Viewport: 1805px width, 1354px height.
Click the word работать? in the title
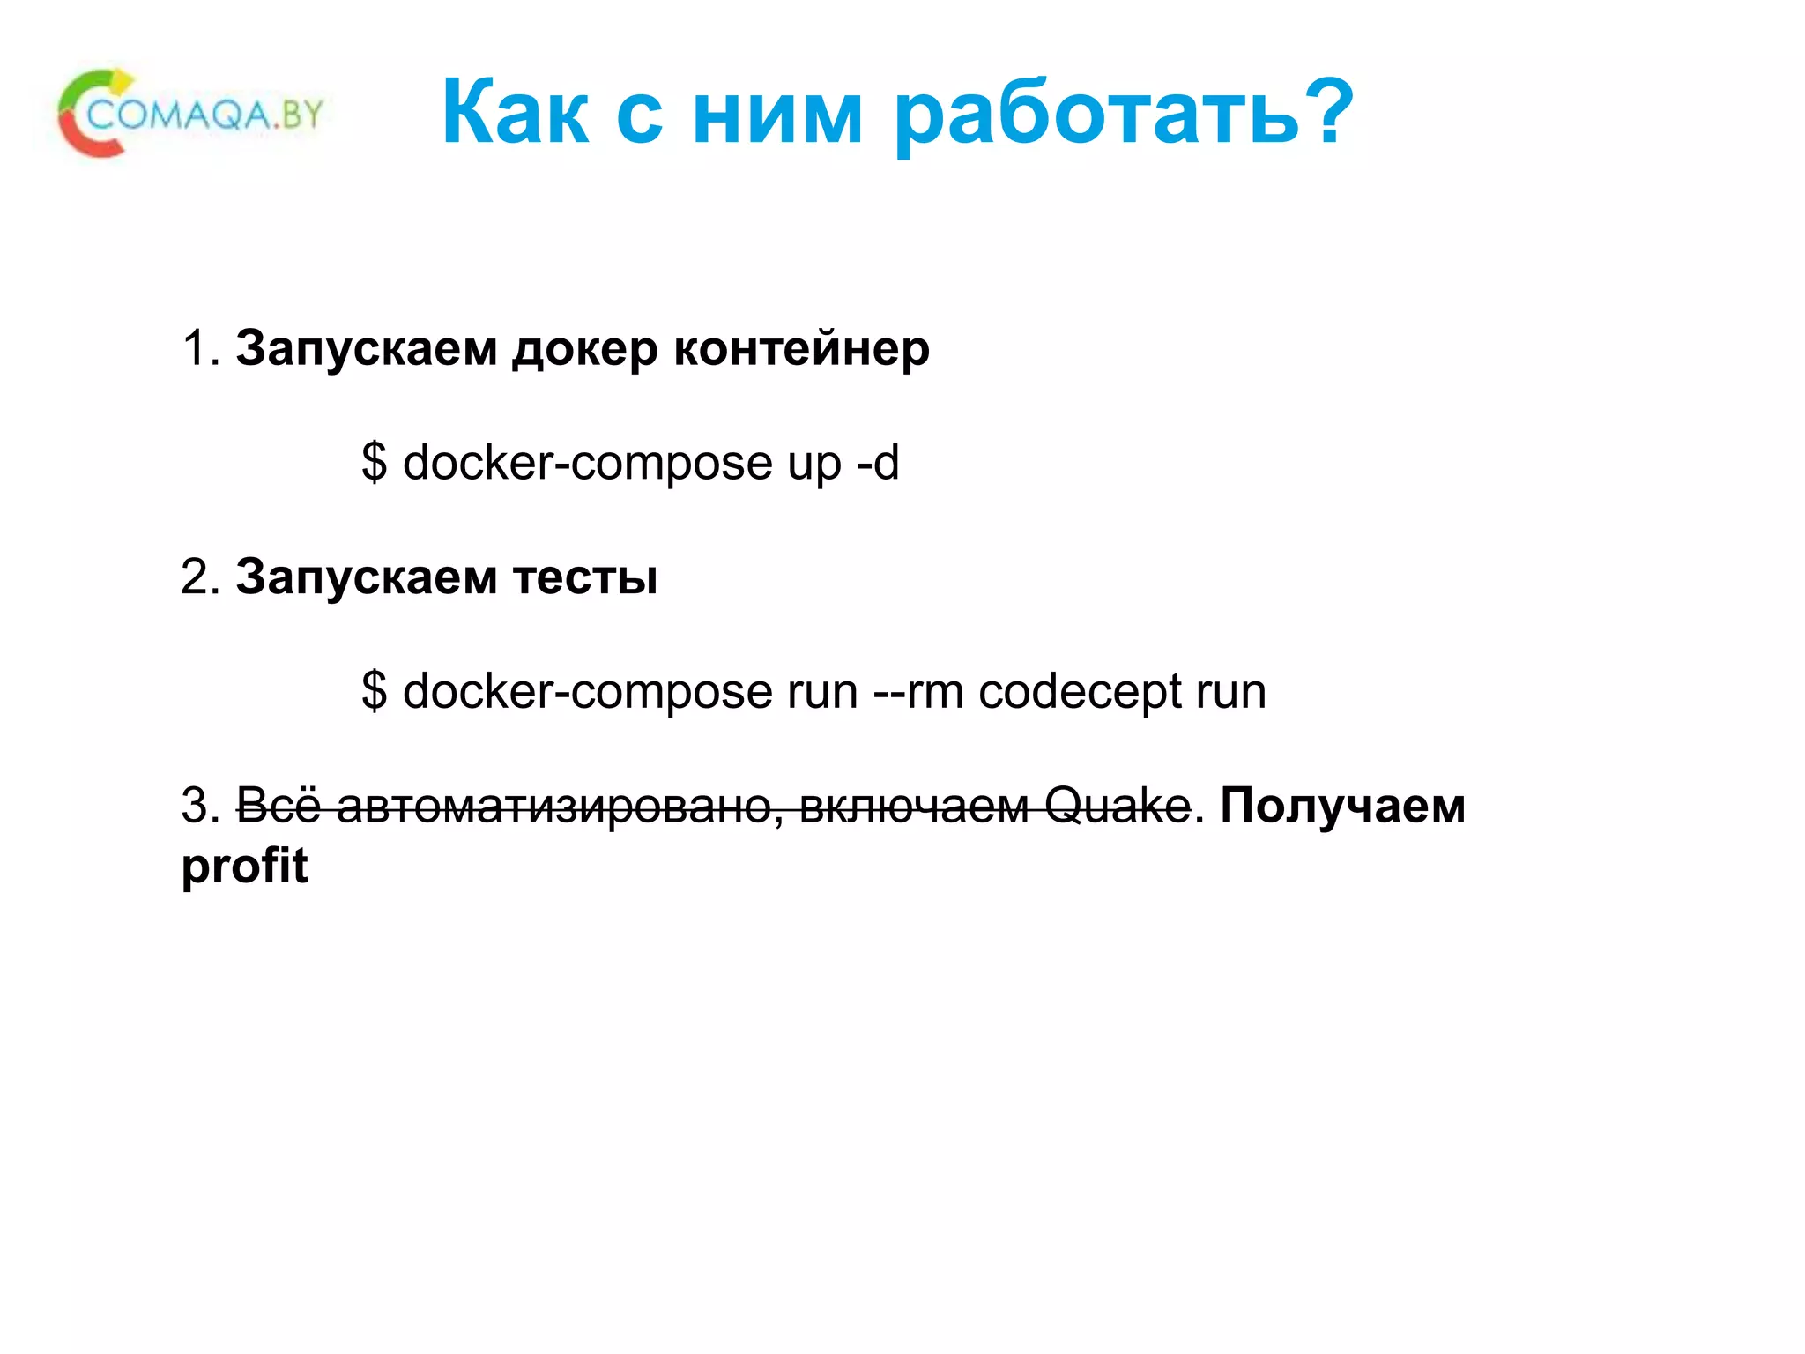pyautogui.click(x=1124, y=113)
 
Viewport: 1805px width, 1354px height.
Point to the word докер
pyautogui.click(x=584, y=349)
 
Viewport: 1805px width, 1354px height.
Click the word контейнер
pyautogui.click(x=801, y=347)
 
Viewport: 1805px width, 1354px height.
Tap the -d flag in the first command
pyautogui.click(x=877, y=462)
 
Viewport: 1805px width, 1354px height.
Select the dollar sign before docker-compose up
pyautogui.click(x=374, y=462)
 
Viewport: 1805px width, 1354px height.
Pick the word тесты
pyautogui.click(x=584, y=578)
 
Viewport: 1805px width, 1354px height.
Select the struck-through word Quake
pyautogui.click(x=1118, y=806)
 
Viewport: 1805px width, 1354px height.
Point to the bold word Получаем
pyautogui.click(x=1342, y=806)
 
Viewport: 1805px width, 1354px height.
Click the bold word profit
pyautogui.click(x=244, y=866)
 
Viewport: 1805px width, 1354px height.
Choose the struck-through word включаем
pyautogui.click(x=914, y=806)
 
